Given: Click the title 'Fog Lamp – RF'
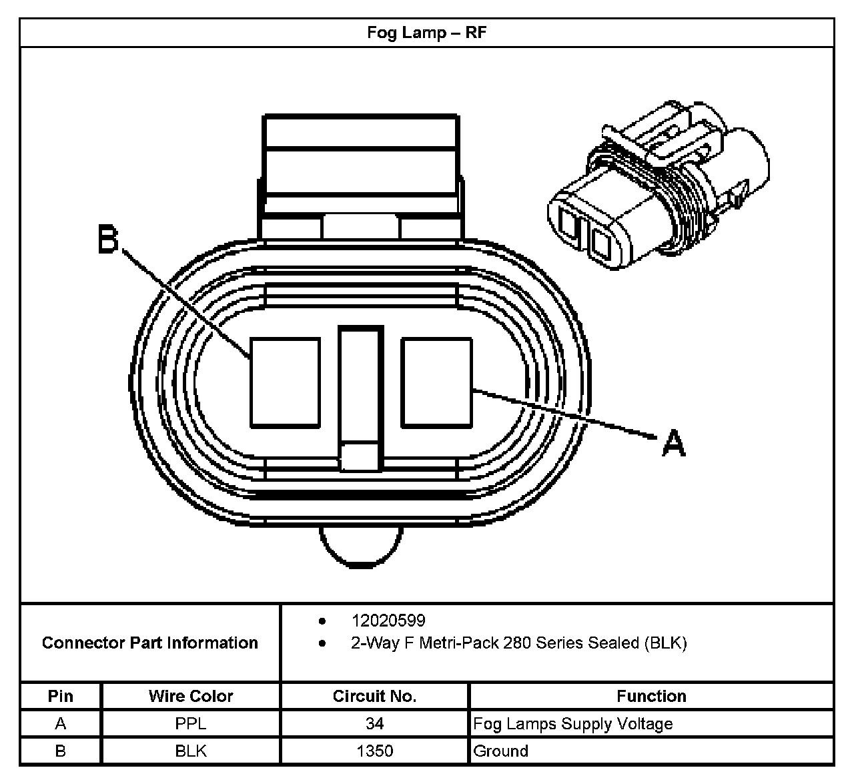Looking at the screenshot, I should [x=426, y=33].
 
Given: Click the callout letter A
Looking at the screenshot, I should [x=674, y=443].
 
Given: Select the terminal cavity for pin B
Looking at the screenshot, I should [x=285, y=382].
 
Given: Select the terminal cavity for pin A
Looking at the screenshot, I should [x=436, y=382].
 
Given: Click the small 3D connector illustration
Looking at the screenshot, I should [x=657, y=187].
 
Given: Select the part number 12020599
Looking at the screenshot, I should [x=388, y=621].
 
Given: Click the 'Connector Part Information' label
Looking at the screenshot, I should [x=150, y=643].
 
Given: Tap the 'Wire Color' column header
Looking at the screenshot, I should [x=191, y=696].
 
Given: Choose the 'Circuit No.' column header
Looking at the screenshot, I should [x=374, y=696].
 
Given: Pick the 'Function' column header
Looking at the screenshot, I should [x=651, y=696].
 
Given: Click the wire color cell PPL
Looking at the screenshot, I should [x=191, y=723].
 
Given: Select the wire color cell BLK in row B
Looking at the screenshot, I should [x=191, y=751].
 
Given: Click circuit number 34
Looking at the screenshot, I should [x=374, y=723].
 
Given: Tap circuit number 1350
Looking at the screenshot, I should [x=374, y=751].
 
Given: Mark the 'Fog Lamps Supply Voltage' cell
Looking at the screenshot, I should [x=572, y=723].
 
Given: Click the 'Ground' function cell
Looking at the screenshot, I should [x=500, y=751].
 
